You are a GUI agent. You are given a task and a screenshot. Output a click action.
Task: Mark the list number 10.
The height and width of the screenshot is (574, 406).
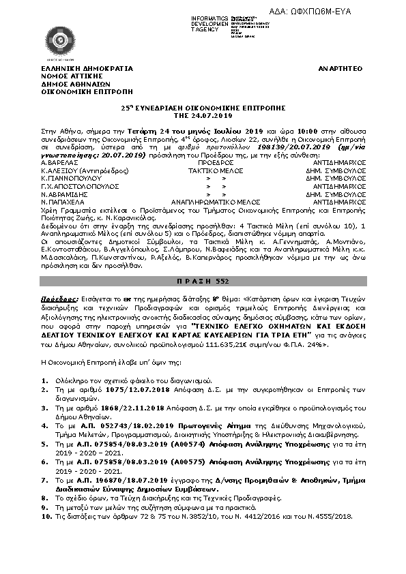(x=45, y=516)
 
